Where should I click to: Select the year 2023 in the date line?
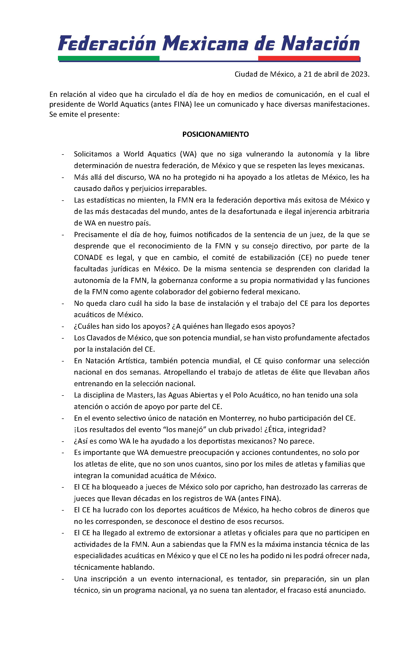coord(359,74)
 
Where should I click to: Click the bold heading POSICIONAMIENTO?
coord(215,134)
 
